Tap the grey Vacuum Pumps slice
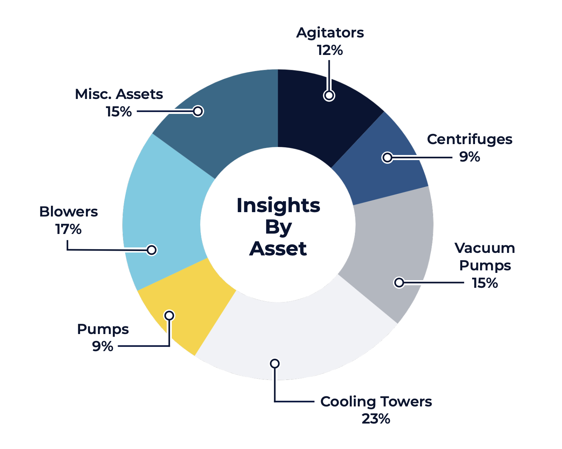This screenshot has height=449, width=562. click(393, 247)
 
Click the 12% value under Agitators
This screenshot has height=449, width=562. click(330, 50)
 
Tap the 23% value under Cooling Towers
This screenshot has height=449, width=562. click(376, 419)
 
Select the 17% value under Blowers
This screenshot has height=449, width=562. click(68, 229)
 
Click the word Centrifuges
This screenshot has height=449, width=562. click(470, 139)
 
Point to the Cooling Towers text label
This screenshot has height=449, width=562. click(376, 402)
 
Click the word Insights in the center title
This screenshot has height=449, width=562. click(278, 206)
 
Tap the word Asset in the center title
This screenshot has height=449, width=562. click(278, 249)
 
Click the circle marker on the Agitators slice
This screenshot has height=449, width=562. click(329, 95)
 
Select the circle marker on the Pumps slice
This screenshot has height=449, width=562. click(169, 315)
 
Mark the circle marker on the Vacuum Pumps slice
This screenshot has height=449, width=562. click(399, 282)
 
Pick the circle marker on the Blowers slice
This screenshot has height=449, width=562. click(152, 250)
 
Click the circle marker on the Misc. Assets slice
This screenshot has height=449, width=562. click(198, 111)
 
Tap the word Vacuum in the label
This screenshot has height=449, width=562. click(485, 249)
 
